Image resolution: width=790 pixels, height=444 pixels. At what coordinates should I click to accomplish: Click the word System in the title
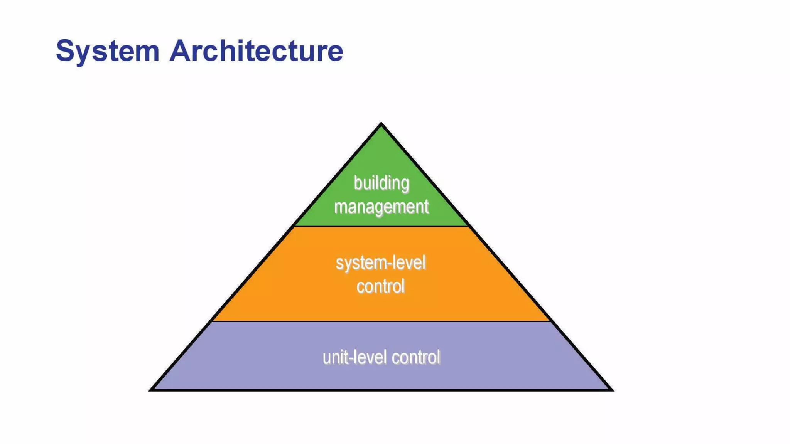107,51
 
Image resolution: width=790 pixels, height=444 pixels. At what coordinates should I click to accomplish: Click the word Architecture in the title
256,50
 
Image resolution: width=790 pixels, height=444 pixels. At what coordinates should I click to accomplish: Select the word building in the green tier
381,183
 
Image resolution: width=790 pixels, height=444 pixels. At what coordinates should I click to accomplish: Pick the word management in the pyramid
381,207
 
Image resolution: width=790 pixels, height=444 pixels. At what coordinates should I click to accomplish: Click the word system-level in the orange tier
380,264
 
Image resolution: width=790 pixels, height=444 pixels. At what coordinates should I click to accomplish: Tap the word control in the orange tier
380,286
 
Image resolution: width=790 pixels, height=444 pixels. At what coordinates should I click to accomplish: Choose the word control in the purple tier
416,357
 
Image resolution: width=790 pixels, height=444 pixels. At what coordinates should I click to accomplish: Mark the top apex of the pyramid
381,124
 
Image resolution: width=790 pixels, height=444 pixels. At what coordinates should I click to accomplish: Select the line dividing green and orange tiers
381,226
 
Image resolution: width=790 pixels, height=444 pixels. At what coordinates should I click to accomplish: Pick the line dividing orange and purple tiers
381,321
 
